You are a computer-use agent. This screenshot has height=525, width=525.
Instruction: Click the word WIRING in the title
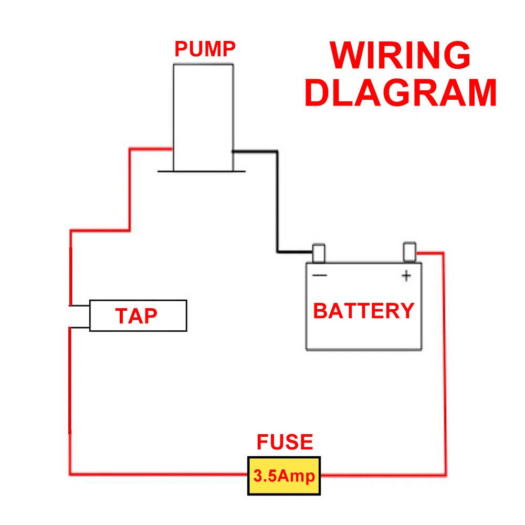pyautogui.click(x=400, y=55)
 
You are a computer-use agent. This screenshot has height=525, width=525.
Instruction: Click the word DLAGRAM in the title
pyautogui.click(x=401, y=93)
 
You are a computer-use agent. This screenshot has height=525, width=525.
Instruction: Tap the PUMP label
pyautogui.click(x=205, y=49)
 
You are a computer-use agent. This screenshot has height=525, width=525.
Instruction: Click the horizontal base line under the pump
pyautogui.click(x=201, y=171)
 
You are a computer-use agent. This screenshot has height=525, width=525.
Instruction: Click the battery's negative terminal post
pyautogui.click(x=319, y=253)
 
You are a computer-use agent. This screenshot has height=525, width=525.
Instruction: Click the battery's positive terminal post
pyautogui.click(x=409, y=251)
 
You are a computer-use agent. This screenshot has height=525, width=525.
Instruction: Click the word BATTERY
pyautogui.click(x=364, y=311)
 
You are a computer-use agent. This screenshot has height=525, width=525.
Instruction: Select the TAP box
pyautogui.click(x=138, y=316)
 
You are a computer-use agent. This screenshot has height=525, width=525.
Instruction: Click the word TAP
pyautogui.click(x=136, y=316)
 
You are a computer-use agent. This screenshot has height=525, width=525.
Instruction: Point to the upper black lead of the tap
pyautogui.click(x=79, y=305)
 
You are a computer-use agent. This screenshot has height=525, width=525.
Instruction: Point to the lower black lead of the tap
pyautogui.click(x=79, y=329)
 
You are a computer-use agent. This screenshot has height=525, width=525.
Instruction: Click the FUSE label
pyautogui.click(x=285, y=442)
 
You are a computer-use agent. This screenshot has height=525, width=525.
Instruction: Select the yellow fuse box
pyautogui.click(x=284, y=476)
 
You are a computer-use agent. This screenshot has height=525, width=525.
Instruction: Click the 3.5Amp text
pyautogui.click(x=284, y=476)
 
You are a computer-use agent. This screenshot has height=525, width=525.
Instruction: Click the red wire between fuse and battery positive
pyautogui.click(x=445, y=367)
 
